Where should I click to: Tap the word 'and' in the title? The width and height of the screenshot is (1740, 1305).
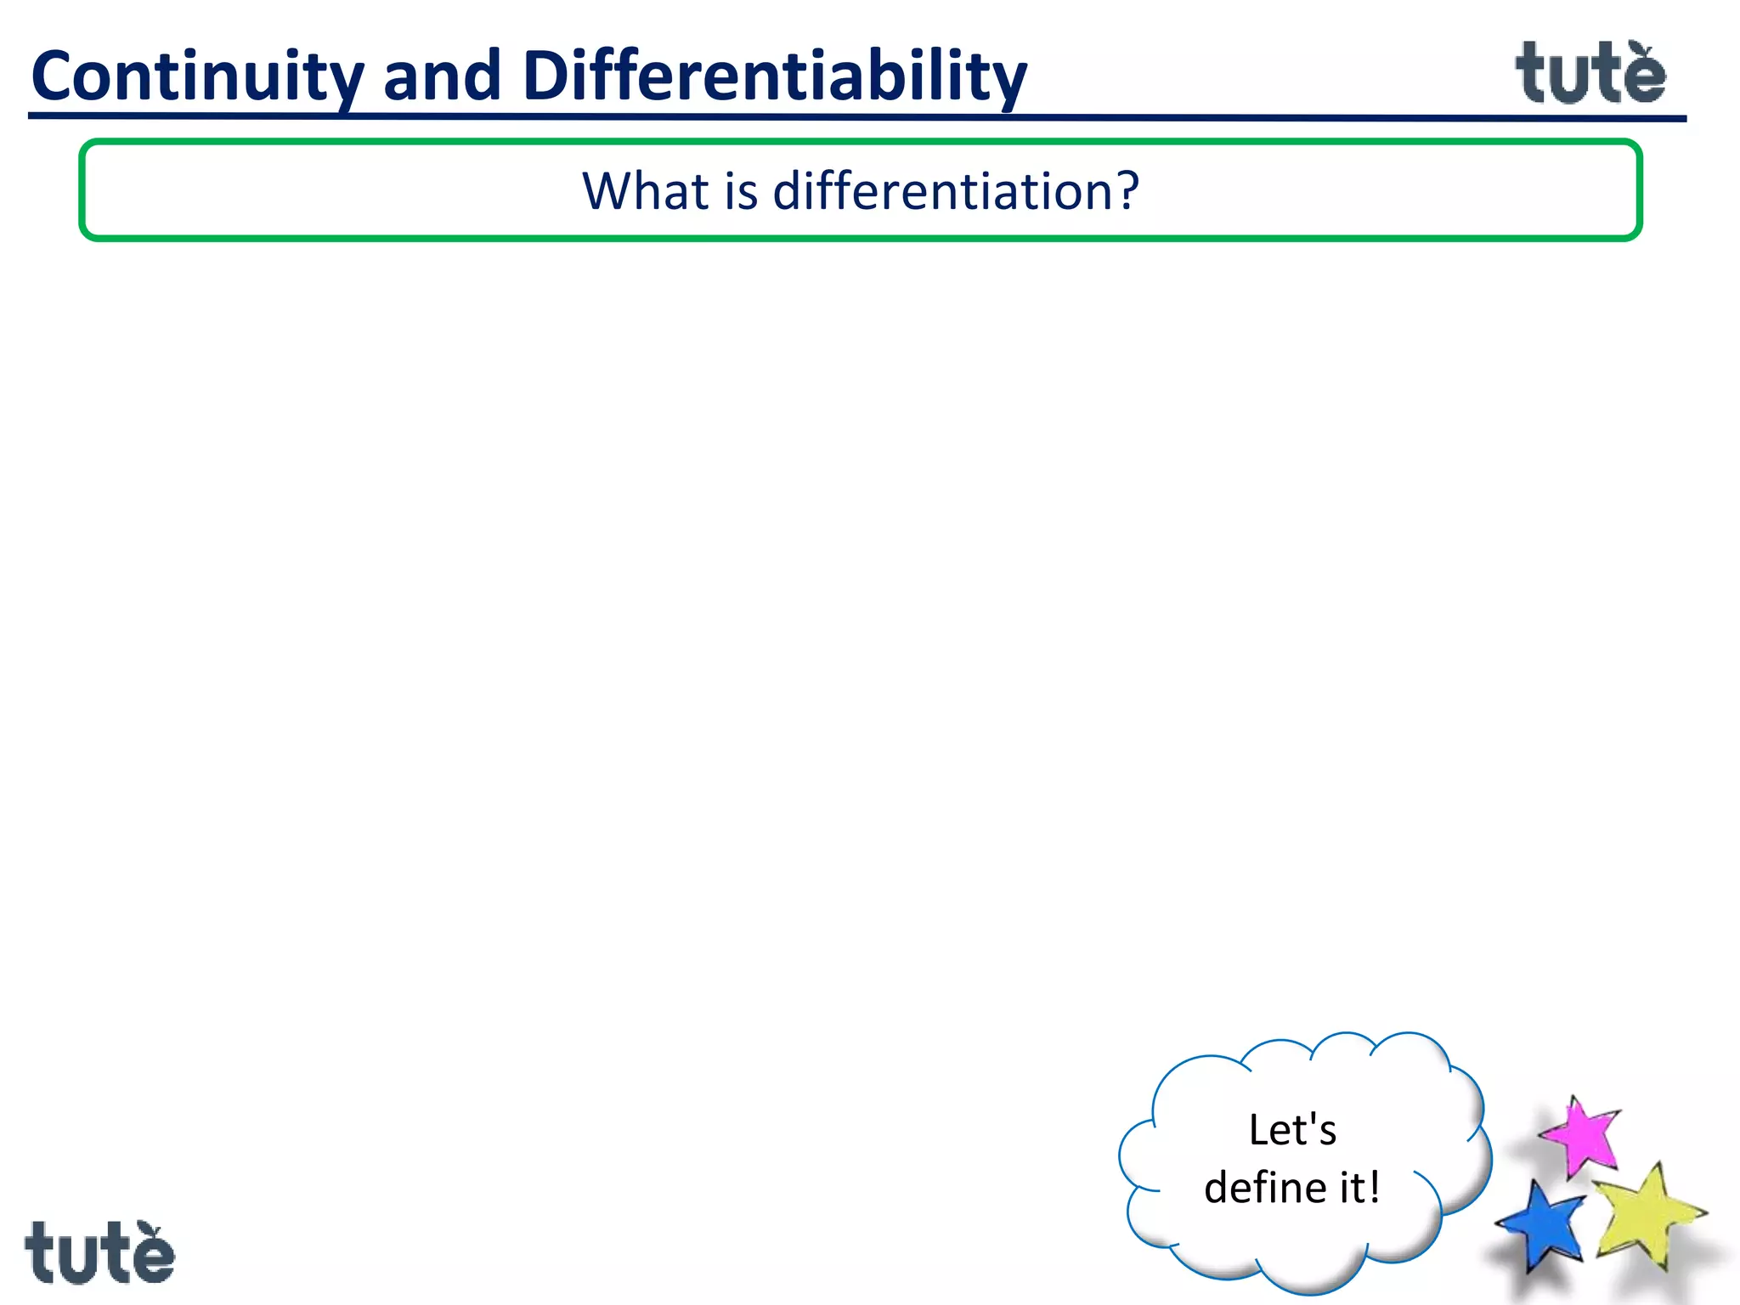tap(442, 76)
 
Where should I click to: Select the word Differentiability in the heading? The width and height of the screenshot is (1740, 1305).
tap(773, 76)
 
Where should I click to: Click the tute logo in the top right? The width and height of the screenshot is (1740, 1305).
tap(1590, 75)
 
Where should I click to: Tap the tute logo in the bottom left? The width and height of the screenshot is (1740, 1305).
tap(99, 1253)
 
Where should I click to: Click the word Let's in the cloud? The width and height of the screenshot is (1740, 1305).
tap(1292, 1130)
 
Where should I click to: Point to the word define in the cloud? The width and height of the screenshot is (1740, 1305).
tap(1264, 1188)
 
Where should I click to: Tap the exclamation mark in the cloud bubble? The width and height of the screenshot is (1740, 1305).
tap(1374, 1187)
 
